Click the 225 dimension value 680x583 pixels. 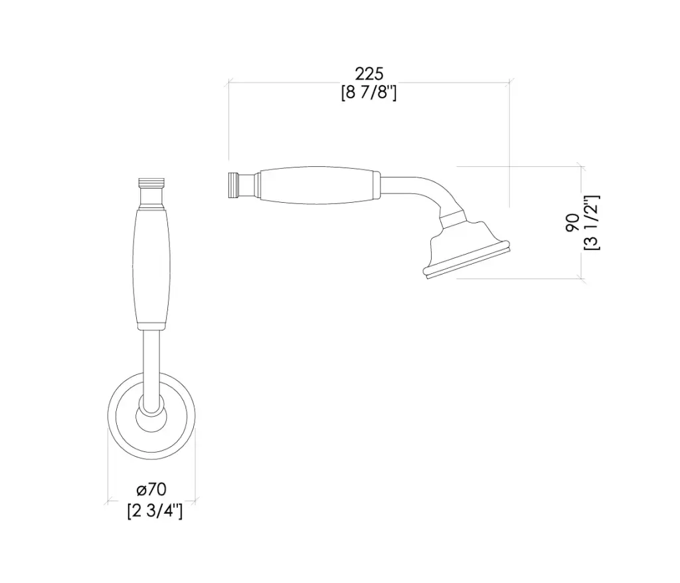pyautogui.click(x=369, y=74)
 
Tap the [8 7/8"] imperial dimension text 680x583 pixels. pyautogui.click(x=369, y=92)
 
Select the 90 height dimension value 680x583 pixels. pyautogui.click(x=572, y=222)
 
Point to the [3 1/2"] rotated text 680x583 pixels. pyautogui.click(x=592, y=222)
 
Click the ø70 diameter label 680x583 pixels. pyautogui.click(x=151, y=490)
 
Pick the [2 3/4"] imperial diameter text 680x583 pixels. pyautogui.click(x=155, y=511)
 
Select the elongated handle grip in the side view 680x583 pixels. pyautogui.click(x=319, y=185)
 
